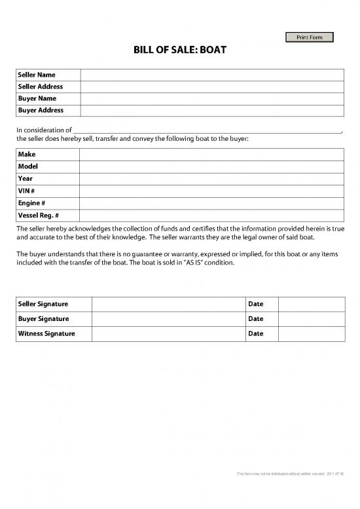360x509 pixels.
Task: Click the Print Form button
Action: click(x=310, y=37)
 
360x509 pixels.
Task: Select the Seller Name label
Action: click(x=37, y=75)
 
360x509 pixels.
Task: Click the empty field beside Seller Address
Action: click(x=211, y=86)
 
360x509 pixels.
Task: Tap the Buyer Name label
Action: click(x=37, y=98)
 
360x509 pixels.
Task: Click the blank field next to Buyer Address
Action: click(x=211, y=110)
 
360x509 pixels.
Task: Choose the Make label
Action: click(x=27, y=155)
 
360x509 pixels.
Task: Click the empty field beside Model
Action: click(x=211, y=166)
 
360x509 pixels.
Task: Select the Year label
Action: click(x=26, y=178)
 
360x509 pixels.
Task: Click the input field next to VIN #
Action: click(x=211, y=191)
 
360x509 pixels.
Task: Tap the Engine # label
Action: click(x=31, y=203)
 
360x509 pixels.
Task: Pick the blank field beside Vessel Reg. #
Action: click(x=211, y=216)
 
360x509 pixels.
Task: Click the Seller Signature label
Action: click(x=43, y=304)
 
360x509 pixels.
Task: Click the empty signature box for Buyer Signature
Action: click(x=168, y=319)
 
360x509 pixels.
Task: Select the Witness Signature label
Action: click(x=46, y=334)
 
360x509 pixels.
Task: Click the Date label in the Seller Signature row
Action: click(x=256, y=304)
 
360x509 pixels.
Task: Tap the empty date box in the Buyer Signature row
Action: click(x=312, y=319)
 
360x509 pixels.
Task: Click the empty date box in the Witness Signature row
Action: click(x=312, y=334)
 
